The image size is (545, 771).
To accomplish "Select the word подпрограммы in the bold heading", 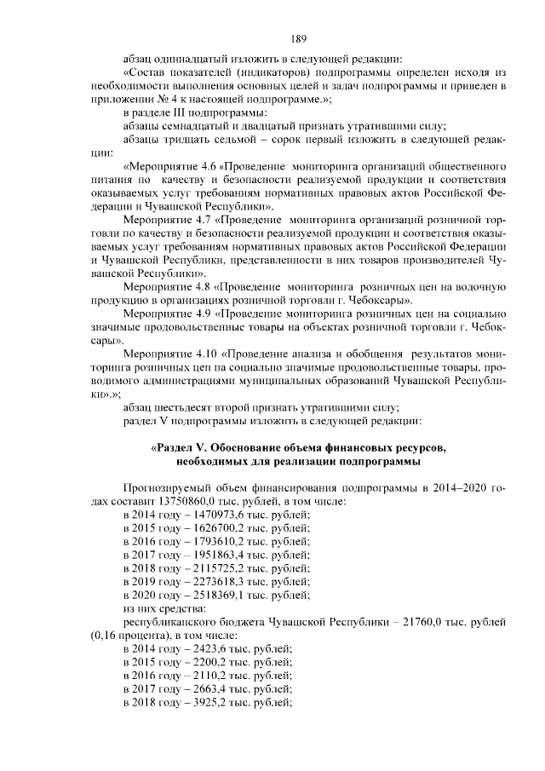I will tap(377, 462).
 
